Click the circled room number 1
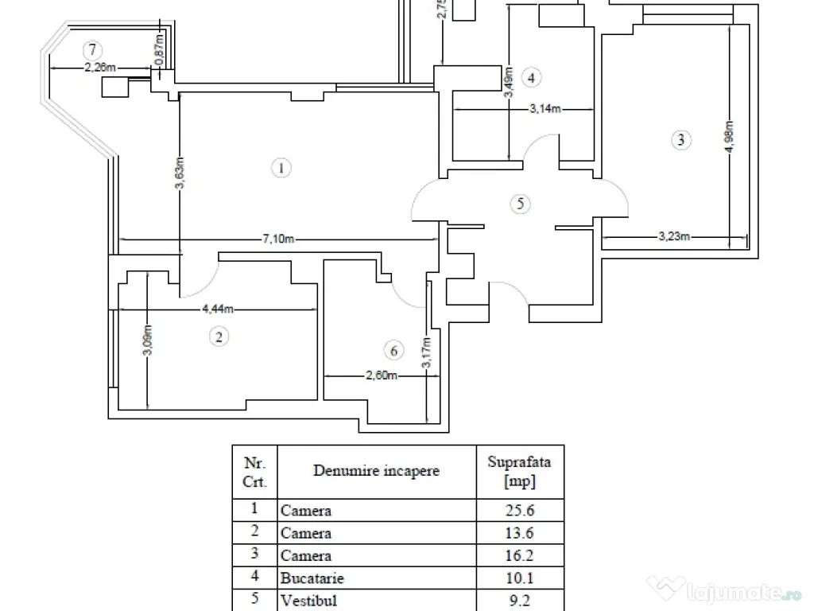(280, 167)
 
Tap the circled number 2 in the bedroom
(219, 337)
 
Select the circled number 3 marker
(679, 141)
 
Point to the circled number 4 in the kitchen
(531, 77)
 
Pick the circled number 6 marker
(391, 350)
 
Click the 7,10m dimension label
(280, 239)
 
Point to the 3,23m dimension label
(673, 235)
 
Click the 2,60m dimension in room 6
(382, 376)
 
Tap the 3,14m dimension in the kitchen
(546, 110)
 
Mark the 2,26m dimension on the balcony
(101, 68)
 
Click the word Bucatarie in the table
(310, 578)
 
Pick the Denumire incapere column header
(376, 471)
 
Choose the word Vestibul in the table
(308, 600)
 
